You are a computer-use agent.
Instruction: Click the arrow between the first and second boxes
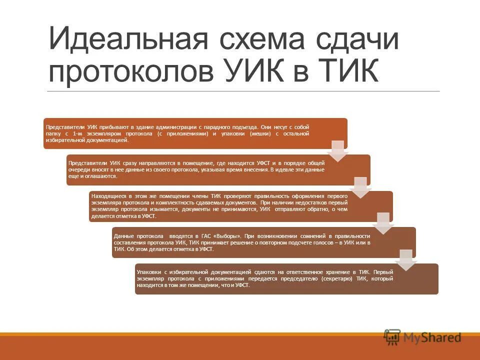point(338,150)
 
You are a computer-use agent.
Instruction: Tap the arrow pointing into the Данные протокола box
point(383,223)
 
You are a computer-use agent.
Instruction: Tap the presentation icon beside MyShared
point(392,337)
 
